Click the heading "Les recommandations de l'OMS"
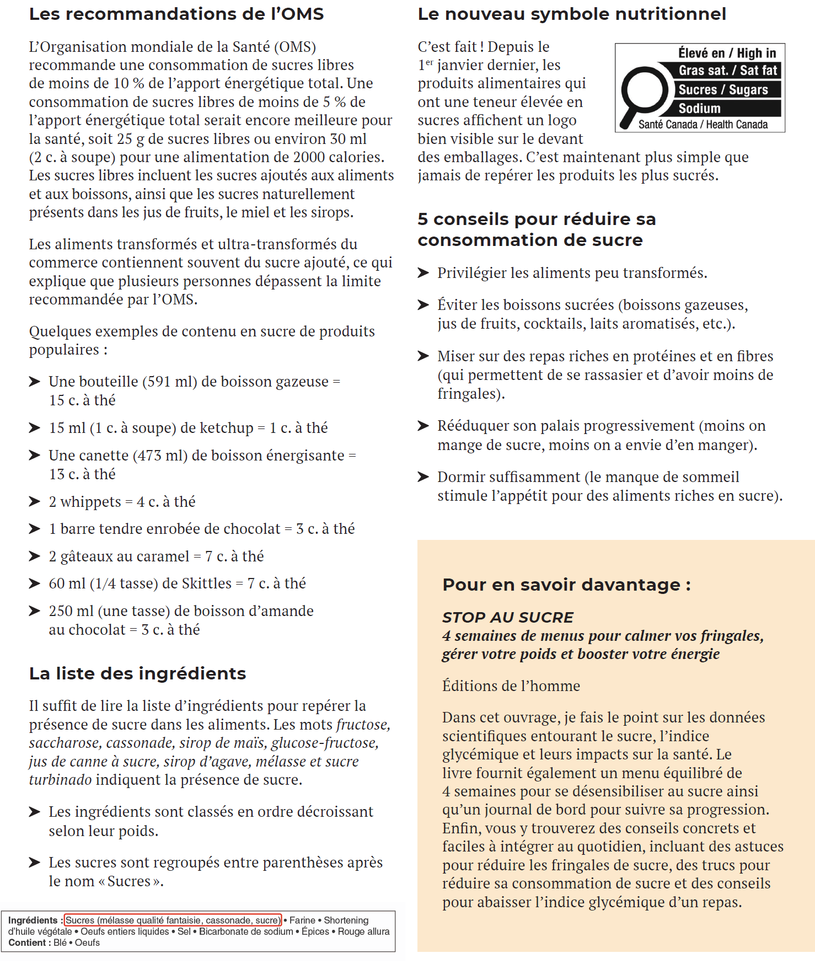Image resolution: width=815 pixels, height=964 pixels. [x=176, y=14]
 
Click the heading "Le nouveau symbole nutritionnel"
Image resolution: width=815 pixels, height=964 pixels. [x=572, y=14]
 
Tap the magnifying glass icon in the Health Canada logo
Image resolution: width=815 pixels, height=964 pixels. [x=642, y=94]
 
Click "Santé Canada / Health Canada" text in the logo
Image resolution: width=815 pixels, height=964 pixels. [x=703, y=125]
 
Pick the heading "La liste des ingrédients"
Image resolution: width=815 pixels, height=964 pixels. [x=137, y=673]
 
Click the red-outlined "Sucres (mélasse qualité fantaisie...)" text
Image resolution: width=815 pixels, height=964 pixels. [x=173, y=920]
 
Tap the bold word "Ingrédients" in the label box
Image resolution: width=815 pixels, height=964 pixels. [x=33, y=920]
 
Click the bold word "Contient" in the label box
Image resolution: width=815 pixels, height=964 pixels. [x=27, y=942]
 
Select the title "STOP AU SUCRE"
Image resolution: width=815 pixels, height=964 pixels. [x=508, y=617]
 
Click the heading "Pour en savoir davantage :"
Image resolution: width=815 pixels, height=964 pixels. [x=566, y=585]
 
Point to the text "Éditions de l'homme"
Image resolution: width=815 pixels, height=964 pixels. [x=511, y=685]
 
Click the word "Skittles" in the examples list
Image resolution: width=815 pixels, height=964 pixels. [x=207, y=583]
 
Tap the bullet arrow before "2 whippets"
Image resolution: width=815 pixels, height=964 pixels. [x=35, y=501]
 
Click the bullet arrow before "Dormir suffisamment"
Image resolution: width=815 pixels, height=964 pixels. [x=423, y=477]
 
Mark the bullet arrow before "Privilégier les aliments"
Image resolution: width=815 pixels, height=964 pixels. [x=423, y=273]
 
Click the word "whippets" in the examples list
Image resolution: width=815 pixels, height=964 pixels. [x=90, y=502]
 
